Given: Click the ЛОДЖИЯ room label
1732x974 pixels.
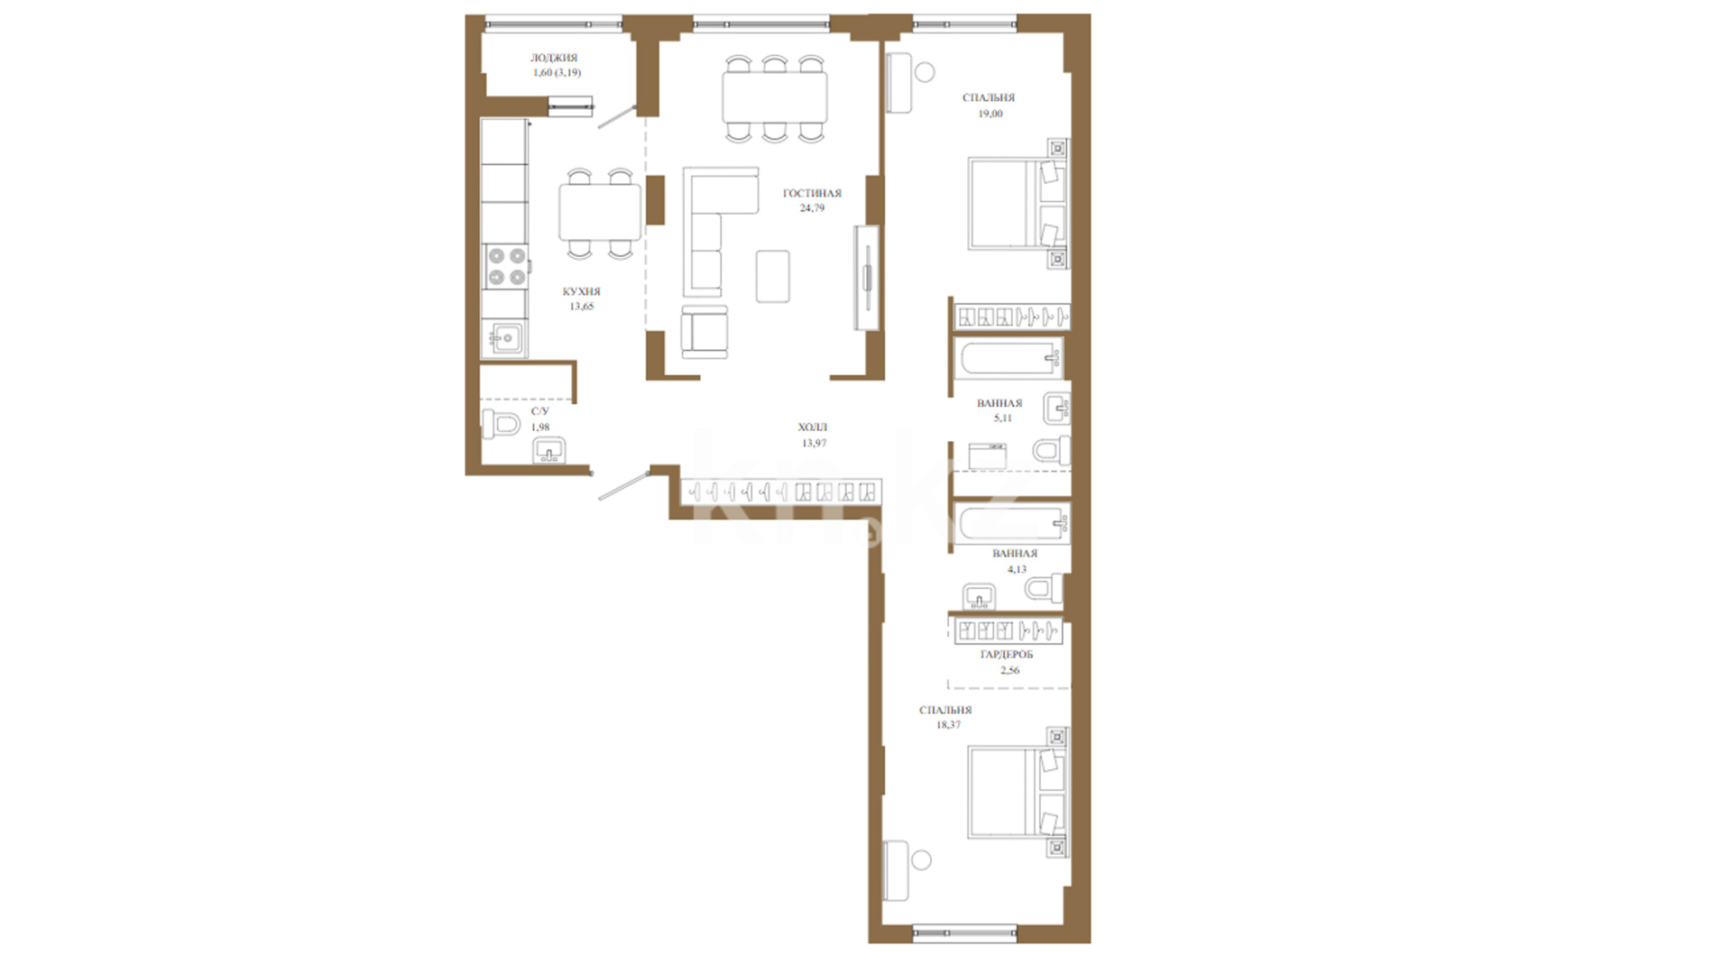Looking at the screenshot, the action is tap(554, 58).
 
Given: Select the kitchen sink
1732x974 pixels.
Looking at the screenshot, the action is tap(505, 339).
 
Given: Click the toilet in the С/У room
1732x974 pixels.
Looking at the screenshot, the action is tap(501, 423).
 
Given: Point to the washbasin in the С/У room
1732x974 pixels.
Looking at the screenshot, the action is tap(549, 450).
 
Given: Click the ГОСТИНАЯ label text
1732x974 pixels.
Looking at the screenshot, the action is tap(812, 193).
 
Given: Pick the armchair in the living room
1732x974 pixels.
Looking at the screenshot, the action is tap(704, 332).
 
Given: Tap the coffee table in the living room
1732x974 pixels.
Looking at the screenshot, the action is tap(773, 276).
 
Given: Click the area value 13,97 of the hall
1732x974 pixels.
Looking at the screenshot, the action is tap(814, 443).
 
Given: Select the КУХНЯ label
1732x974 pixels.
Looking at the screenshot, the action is tap(581, 291).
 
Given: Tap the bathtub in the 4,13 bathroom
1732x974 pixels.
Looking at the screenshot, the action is tap(1011, 523).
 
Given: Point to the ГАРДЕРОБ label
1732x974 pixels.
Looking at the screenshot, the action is tap(1007, 654).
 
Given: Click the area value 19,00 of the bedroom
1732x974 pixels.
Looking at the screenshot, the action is tap(990, 114).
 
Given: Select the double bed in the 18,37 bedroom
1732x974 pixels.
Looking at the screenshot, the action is tap(1017, 792).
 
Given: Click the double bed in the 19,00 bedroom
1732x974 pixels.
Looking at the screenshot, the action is tap(1017, 203).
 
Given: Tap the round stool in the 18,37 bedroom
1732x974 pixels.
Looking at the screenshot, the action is tap(921, 860).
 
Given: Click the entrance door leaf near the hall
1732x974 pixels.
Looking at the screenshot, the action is tap(623, 484).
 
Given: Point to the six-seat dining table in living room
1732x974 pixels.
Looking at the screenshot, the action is tap(775, 97).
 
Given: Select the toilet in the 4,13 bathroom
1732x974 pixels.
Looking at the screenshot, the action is tap(1044, 590).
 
